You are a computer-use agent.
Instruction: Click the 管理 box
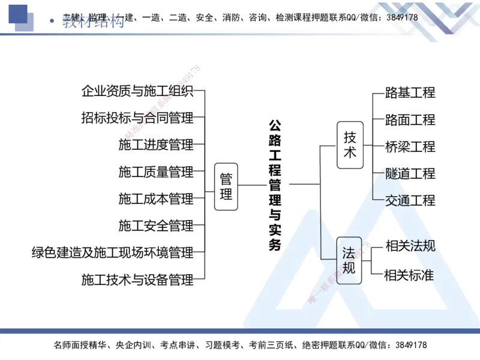coord(226,186)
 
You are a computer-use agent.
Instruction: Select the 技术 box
coord(350,145)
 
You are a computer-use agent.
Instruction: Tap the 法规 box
coord(349,259)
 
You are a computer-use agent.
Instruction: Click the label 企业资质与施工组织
coord(137,91)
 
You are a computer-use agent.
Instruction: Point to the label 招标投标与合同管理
coord(137,118)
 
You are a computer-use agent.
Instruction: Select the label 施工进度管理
coord(156,145)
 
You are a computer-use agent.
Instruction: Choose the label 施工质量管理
coord(156,172)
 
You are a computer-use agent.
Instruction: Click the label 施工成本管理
coord(156,199)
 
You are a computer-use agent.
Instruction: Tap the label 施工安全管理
coord(156,226)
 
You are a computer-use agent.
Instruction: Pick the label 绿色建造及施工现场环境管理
coord(113,253)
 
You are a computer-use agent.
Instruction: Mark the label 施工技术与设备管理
coord(137,280)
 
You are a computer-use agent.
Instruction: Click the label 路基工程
coord(410,92)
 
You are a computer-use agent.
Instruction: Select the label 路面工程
coord(410,119)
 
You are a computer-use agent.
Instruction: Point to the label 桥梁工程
coord(410,146)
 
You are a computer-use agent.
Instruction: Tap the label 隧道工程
coord(410,173)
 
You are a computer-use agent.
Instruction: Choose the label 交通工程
coord(410,200)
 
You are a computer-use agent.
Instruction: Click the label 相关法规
coord(410,245)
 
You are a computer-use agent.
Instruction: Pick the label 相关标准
coord(409,275)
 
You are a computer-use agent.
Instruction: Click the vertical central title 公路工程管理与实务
coord(274,185)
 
